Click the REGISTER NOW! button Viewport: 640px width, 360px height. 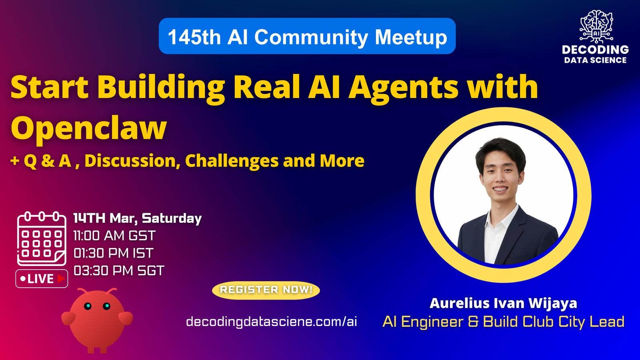(x=266, y=290)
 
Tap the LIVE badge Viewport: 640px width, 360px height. (x=42, y=278)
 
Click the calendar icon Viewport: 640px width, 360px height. (x=42, y=238)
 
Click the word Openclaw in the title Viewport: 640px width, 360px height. (x=88, y=128)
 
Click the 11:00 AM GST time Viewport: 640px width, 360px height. (x=114, y=236)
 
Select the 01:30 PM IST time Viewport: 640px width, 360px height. (x=114, y=254)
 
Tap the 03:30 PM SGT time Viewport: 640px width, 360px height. (x=119, y=271)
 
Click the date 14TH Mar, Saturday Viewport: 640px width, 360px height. (x=138, y=218)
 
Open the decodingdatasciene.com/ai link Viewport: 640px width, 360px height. (x=272, y=322)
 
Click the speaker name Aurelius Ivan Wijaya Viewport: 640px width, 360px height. (x=504, y=303)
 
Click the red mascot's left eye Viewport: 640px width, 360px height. (x=88, y=306)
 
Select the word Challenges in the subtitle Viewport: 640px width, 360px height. (x=232, y=161)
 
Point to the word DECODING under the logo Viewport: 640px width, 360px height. (x=596, y=50)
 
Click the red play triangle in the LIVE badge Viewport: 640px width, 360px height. (x=61, y=278)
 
